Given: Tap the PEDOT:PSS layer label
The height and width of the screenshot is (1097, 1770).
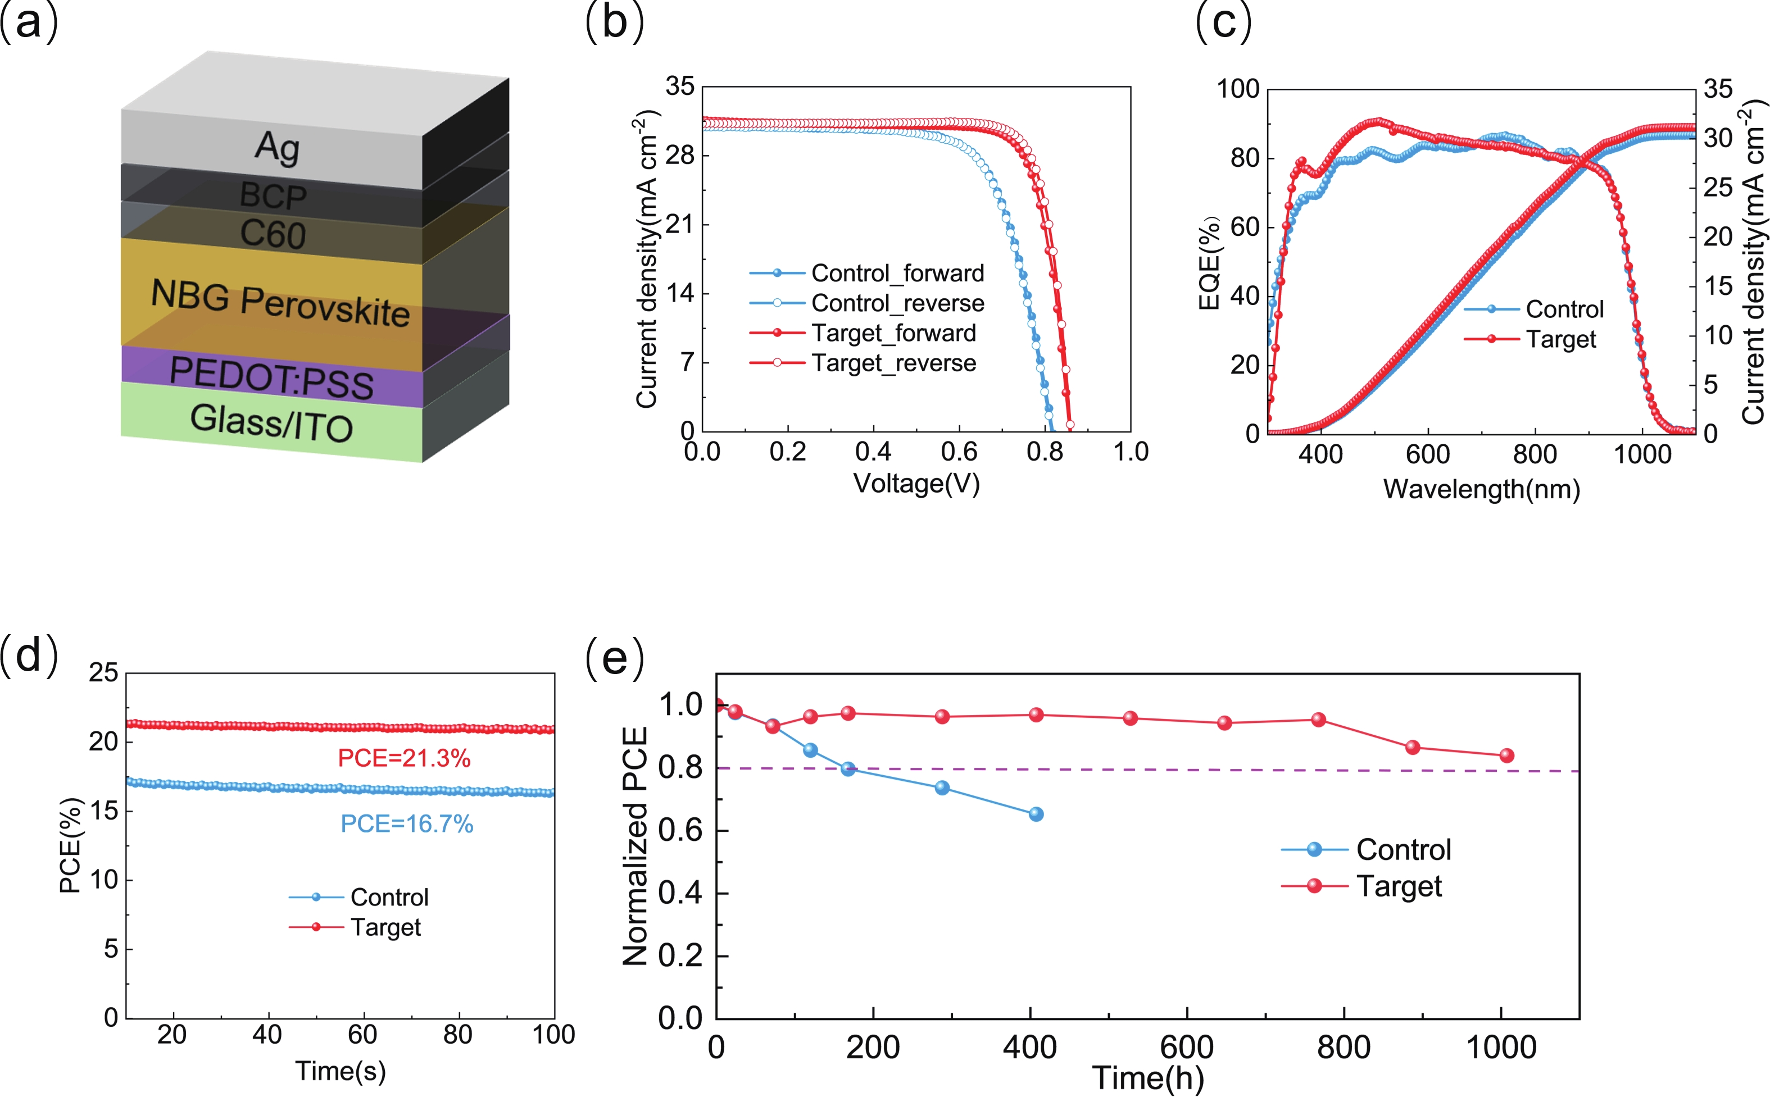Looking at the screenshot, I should point(271,378).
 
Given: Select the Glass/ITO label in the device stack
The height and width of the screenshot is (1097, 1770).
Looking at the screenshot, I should point(271,422).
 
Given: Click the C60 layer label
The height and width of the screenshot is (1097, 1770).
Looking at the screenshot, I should point(273,234).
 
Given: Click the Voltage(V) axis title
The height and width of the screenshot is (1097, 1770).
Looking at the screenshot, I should point(916,483).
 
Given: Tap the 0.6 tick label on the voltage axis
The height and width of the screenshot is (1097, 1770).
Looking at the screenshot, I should point(959,452).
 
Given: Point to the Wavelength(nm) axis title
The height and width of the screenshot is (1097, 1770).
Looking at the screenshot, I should point(1481,489).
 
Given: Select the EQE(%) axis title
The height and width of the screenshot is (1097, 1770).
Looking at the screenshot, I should point(1208,263).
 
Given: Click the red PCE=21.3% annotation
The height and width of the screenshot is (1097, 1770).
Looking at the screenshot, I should point(404,758).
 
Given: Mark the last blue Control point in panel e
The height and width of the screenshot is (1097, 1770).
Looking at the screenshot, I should point(1036,814).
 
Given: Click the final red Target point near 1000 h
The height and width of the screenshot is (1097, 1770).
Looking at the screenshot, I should point(1506,755).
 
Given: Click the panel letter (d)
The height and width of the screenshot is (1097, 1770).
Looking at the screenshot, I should point(29,655).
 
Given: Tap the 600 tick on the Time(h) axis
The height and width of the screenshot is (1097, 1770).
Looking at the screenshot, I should point(1187,1048).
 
